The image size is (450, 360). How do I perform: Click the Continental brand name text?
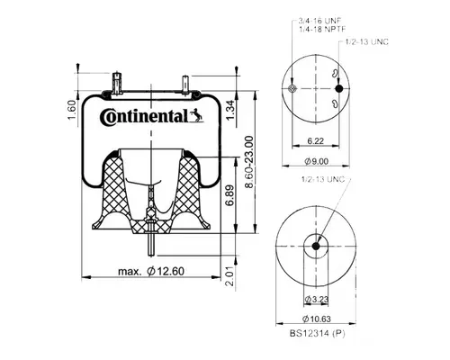143,116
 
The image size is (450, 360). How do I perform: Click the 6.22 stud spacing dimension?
315,141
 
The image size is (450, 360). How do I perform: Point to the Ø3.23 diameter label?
314,297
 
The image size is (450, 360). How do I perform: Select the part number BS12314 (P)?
315,334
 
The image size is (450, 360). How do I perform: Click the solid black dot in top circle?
339,89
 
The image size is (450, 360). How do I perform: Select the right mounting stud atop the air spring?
184,84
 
